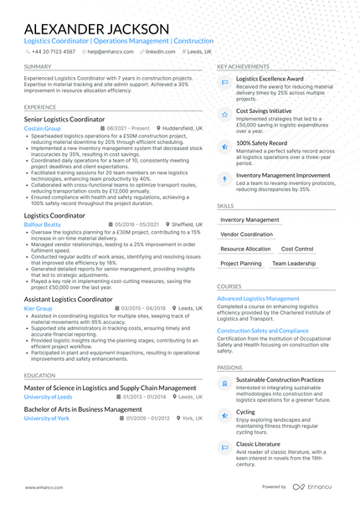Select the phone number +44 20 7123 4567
(53, 51)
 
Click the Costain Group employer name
(43, 129)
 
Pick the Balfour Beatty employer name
(43, 224)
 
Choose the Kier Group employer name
(39, 308)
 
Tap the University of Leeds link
(49, 397)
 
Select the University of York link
(47, 418)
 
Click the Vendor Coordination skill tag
(246, 234)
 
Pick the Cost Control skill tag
(297, 249)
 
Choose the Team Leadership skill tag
(294, 263)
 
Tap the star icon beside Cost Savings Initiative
(224, 114)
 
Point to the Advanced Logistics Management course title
(258, 298)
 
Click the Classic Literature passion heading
(258, 444)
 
